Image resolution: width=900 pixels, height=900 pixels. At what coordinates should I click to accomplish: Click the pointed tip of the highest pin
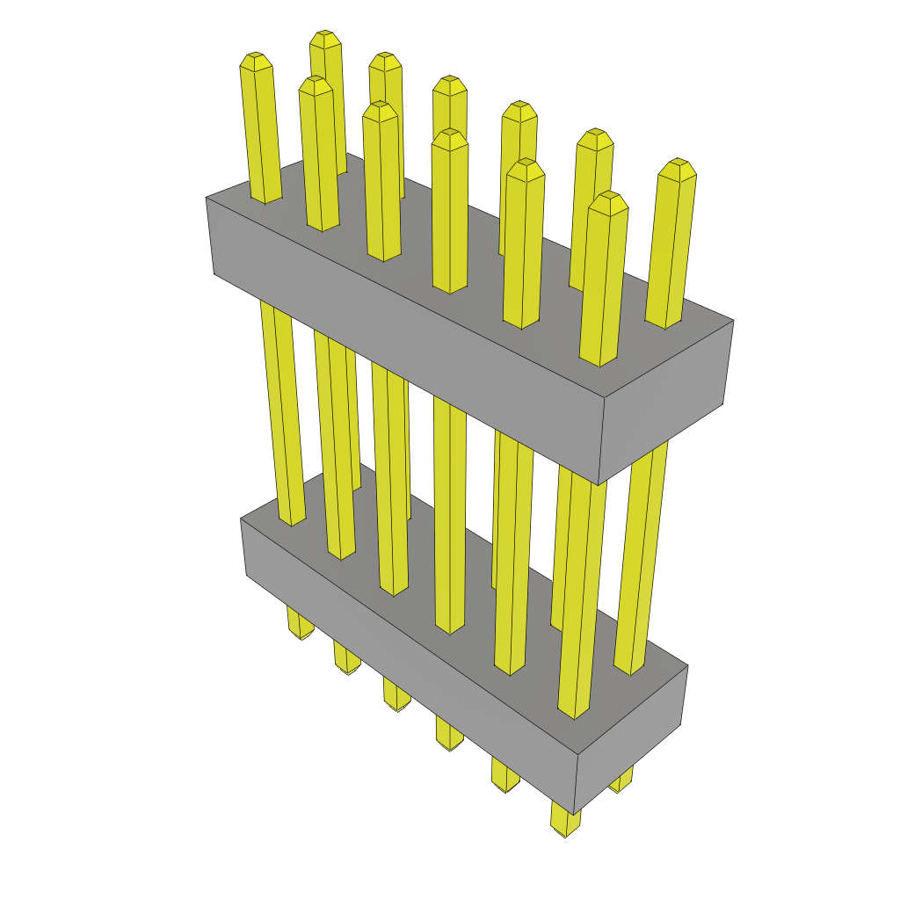click(x=325, y=37)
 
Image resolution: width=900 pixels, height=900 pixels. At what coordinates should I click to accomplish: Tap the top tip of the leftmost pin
click(x=255, y=59)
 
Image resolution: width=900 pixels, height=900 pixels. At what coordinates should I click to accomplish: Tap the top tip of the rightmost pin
click(x=678, y=165)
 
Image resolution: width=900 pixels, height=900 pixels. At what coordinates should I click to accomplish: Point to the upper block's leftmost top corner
click(x=207, y=198)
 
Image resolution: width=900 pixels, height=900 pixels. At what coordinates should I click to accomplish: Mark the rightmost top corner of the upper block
click(x=733, y=321)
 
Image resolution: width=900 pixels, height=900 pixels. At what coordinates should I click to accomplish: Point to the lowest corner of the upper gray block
click(x=598, y=484)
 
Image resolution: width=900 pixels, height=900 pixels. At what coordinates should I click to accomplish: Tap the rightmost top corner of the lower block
click(x=687, y=666)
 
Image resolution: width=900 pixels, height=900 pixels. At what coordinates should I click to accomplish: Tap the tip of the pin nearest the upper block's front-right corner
click(x=608, y=200)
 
